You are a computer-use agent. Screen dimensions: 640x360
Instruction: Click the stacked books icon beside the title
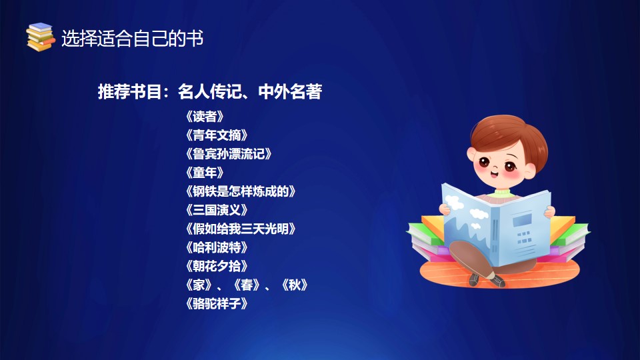pyautogui.click(x=40, y=37)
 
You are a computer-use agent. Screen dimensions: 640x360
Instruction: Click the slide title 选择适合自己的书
pyautogui.click(x=132, y=39)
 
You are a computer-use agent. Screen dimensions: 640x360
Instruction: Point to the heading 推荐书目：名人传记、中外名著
pyautogui.click(x=210, y=91)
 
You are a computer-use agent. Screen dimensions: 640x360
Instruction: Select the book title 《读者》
pyautogui.click(x=205, y=117)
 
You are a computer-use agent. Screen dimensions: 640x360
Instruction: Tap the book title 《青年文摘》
pyautogui.click(x=216, y=135)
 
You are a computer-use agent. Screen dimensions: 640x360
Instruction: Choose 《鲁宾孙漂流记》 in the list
pyautogui.click(x=228, y=154)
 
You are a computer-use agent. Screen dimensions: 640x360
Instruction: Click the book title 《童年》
pyautogui.click(x=205, y=173)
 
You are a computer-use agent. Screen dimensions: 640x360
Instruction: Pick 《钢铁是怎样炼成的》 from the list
pyautogui.click(x=240, y=191)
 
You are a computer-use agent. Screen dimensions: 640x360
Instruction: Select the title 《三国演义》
pyautogui.click(x=216, y=210)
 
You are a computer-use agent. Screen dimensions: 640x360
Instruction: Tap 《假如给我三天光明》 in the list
pyautogui.click(x=240, y=229)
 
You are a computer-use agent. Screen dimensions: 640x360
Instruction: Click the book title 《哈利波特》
pyautogui.click(x=216, y=248)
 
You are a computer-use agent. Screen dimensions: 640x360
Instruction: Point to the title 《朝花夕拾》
pyautogui.click(x=216, y=267)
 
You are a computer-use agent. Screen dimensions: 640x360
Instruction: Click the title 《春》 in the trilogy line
pyautogui.click(x=247, y=285)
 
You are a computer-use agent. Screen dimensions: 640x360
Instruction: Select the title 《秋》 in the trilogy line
pyautogui.click(x=294, y=285)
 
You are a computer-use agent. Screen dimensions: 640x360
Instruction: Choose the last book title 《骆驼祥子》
pyautogui.click(x=216, y=304)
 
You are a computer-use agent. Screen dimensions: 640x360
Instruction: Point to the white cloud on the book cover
pyautogui.click(x=454, y=202)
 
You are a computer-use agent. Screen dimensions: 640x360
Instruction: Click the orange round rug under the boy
pyautogui.click(x=500, y=273)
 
